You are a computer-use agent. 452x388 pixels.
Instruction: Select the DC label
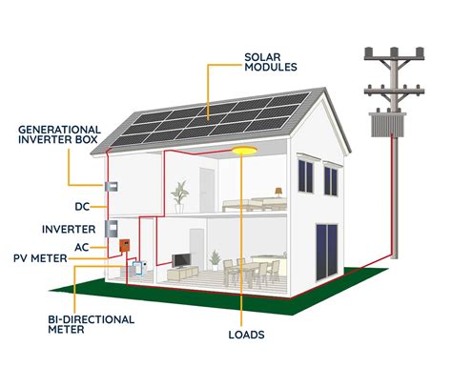tap(82, 206)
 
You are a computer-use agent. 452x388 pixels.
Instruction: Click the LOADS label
tap(246, 335)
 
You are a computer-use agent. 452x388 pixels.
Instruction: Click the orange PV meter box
tap(123, 246)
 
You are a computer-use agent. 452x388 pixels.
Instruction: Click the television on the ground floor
tap(181, 260)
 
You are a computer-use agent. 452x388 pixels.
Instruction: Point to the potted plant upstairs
tap(179, 196)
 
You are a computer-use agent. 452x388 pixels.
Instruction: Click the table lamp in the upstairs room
tap(277, 190)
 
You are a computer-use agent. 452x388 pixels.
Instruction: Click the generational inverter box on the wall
tap(110, 186)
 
